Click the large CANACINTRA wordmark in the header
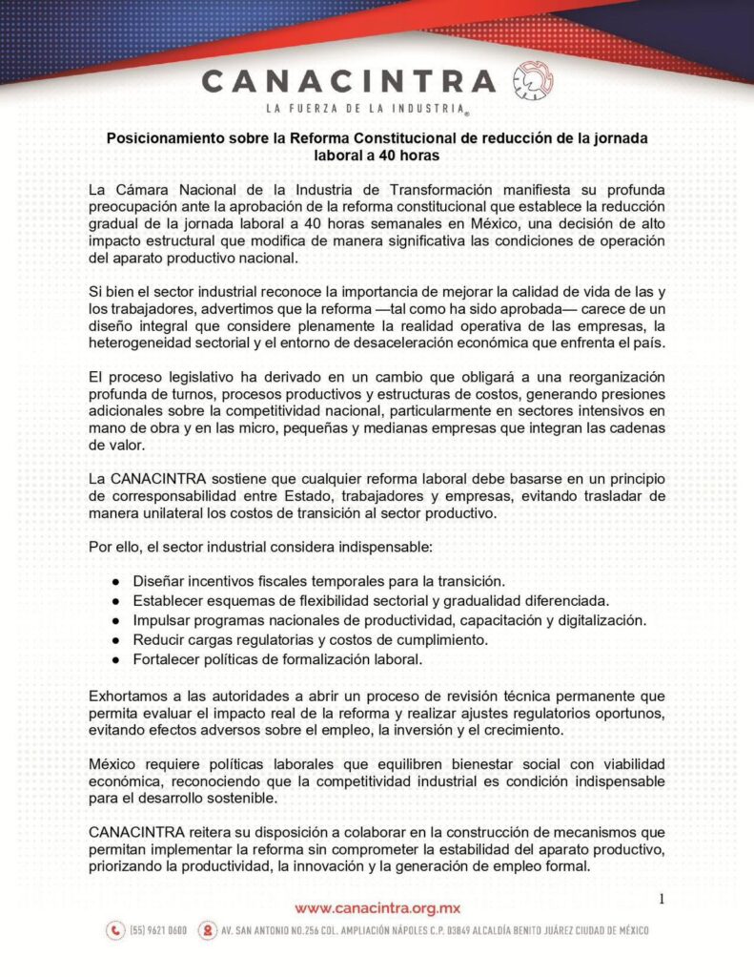[x=349, y=80]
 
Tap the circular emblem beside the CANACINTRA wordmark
[x=532, y=80]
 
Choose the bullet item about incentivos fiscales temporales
[x=318, y=581]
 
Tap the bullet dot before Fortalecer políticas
[x=115, y=660]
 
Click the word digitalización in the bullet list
[x=601, y=620]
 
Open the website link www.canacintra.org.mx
[x=377, y=907]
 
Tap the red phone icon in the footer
[x=115, y=930]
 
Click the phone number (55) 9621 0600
[x=158, y=930]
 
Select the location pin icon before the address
[x=207, y=930]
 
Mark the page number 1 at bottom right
[x=662, y=898]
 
